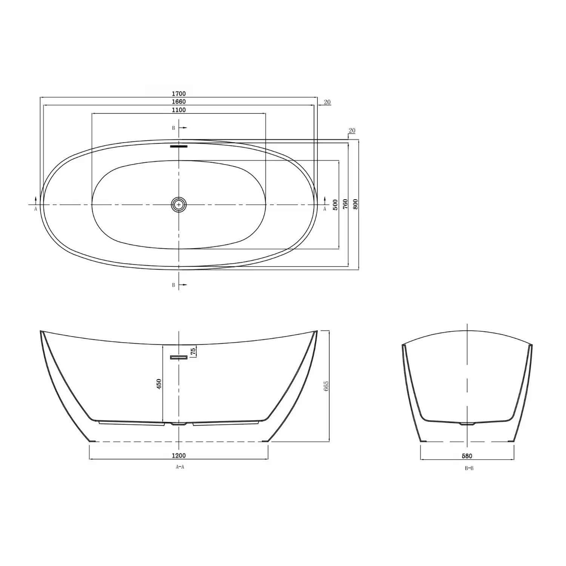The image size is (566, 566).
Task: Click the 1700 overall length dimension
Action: pyautogui.click(x=179, y=94)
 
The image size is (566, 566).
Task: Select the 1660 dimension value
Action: pyautogui.click(x=179, y=102)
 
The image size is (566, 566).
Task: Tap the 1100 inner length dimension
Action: pyautogui.click(x=179, y=110)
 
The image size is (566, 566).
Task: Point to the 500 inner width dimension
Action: pyautogui.click(x=335, y=205)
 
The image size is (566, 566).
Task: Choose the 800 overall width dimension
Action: pyautogui.click(x=355, y=204)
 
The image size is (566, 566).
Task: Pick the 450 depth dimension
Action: pyautogui.click(x=159, y=385)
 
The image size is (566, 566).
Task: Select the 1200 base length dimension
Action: pyautogui.click(x=179, y=456)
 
